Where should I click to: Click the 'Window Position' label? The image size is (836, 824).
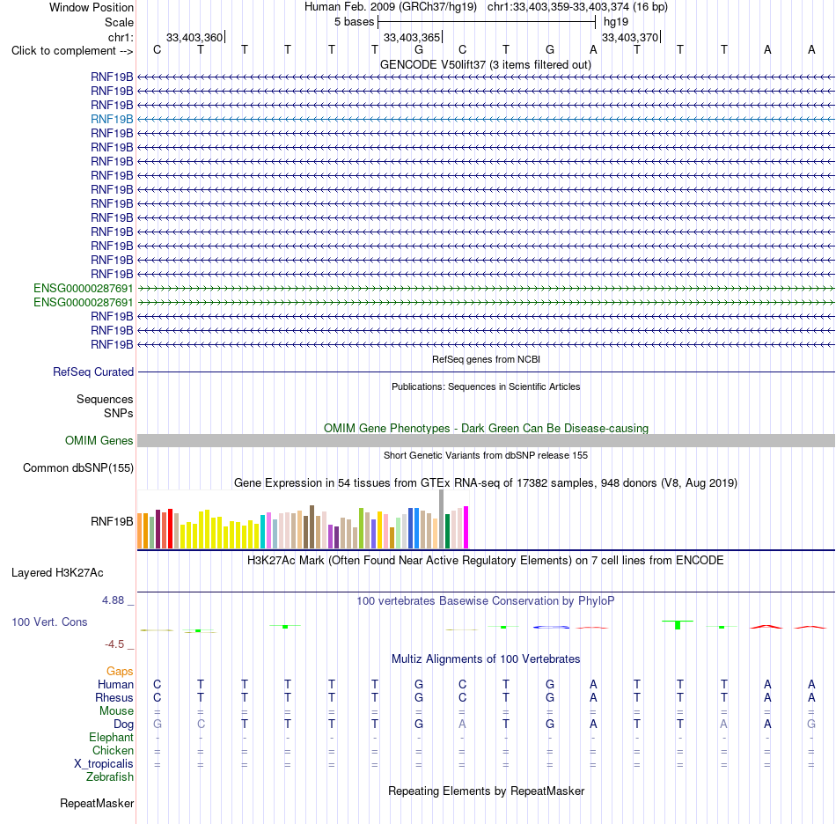(92, 7)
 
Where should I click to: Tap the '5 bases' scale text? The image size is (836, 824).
(355, 22)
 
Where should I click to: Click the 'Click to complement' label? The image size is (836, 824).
(63, 51)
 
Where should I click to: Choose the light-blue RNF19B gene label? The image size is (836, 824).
(112, 119)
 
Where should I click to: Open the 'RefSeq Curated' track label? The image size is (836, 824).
(93, 372)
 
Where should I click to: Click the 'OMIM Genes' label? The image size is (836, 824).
(99, 440)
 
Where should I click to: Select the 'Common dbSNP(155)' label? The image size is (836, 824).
(78, 467)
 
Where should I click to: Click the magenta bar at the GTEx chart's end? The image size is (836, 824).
(466, 527)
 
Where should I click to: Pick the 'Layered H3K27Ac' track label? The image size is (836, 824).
(57, 573)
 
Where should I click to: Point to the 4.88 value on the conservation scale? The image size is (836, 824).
(113, 600)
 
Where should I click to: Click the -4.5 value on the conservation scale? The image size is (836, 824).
(114, 644)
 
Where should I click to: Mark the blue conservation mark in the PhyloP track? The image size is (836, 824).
(551, 627)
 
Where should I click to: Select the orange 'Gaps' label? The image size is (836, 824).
(120, 671)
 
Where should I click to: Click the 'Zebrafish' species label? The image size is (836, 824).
(110, 776)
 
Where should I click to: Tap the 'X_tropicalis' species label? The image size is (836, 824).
(104, 764)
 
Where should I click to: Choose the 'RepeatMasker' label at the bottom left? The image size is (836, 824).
(97, 803)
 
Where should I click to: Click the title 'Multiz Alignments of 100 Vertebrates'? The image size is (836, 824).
(486, 658)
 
